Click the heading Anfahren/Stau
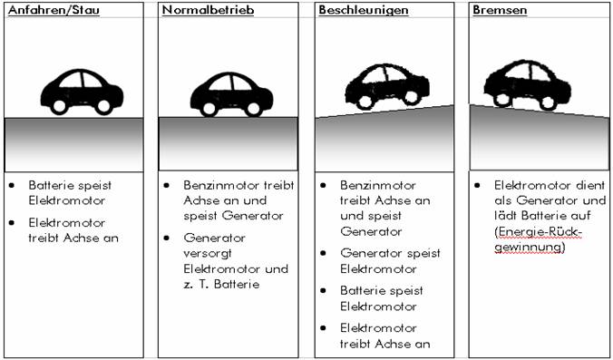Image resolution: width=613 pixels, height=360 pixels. click(x=54, y=10)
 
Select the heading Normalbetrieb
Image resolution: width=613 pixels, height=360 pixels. click(x=208, y=10)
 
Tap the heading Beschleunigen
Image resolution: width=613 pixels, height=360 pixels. click(x=364, y=10)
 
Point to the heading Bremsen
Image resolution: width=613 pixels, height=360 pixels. click(x=500, y=10)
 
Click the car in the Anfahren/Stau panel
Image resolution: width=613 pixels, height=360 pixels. click(x=82, y=92)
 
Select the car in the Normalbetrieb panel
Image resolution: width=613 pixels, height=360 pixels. click(x=231, y=94)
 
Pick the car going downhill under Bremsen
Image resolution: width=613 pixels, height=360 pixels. click(x=528, y=85)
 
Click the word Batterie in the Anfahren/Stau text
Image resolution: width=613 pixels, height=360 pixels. click(x=48, y=185)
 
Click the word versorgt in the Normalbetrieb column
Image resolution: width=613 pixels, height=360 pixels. click(x=208, y=253)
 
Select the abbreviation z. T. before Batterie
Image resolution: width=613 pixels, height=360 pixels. click(x=196, y=284)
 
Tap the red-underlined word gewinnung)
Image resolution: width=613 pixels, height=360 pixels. click(x=530, y=248)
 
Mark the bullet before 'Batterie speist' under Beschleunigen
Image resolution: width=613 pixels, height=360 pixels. click(x=324, y=290)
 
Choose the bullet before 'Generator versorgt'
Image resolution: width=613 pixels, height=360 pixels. click(x=167, y=238)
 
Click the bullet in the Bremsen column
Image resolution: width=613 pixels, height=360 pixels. click(x=477, y=185)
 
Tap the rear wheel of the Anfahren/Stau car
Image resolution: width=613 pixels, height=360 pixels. click(x=60, y=106)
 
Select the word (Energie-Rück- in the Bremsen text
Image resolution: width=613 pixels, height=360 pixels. click(x=539, y=232)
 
